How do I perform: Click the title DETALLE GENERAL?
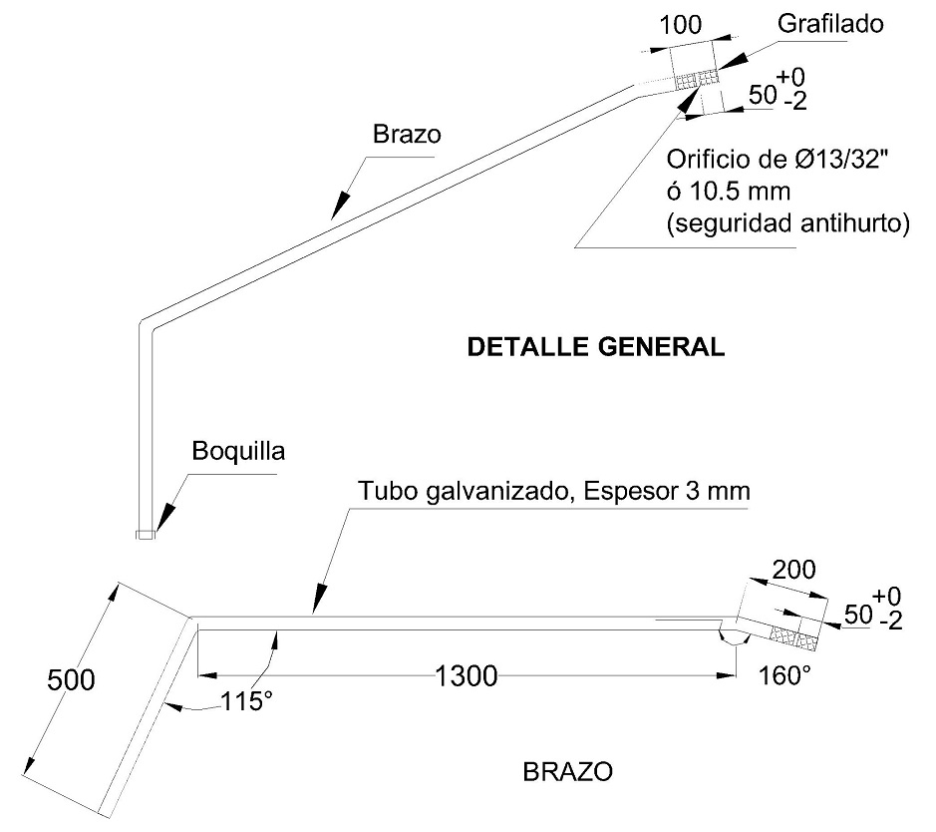coord(595,347)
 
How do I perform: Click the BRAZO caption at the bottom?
coord(567,772)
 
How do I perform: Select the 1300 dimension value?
coord(466,676)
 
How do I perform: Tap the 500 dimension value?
coord(71,680)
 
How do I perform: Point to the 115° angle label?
coord(246,701)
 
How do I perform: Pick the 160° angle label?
coord(784,676)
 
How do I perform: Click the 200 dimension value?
coord(793,571)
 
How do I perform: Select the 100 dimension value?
coord(681,25)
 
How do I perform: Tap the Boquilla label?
coord(238,451)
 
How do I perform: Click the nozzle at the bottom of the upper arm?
coord(146,535)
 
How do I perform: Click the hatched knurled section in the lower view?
coord(794,629)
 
